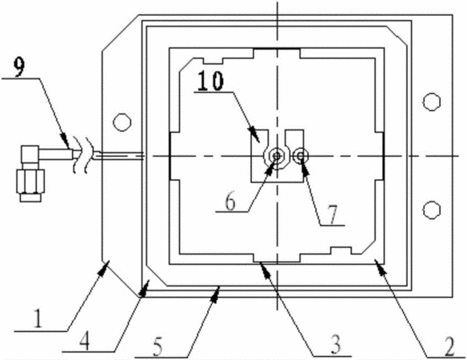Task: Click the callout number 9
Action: (x=20, y=67)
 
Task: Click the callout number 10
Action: (x=210, y=81)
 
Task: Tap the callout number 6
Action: (x=230, y=202)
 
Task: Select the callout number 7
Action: (x=333, y=214)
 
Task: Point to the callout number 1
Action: (x=38, y=319)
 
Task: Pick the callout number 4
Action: (x=84, y=341)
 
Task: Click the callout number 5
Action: (x=158, y=347)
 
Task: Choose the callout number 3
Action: (x=336, y=345)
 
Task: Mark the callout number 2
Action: (x=449, y=347)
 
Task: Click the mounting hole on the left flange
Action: (x=122, y=122)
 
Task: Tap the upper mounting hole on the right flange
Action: (x=432, y=102)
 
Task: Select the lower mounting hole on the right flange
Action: (x=432, y=210)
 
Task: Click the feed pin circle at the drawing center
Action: (x=277, y=155)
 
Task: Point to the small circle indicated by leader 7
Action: (x=301, y=155)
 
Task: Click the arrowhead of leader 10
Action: (x=254, y=134)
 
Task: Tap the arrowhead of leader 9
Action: (x=66, y=142)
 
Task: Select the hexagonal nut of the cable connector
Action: (x=30, y=181)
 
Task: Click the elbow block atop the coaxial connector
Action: (x=30, y=154)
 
